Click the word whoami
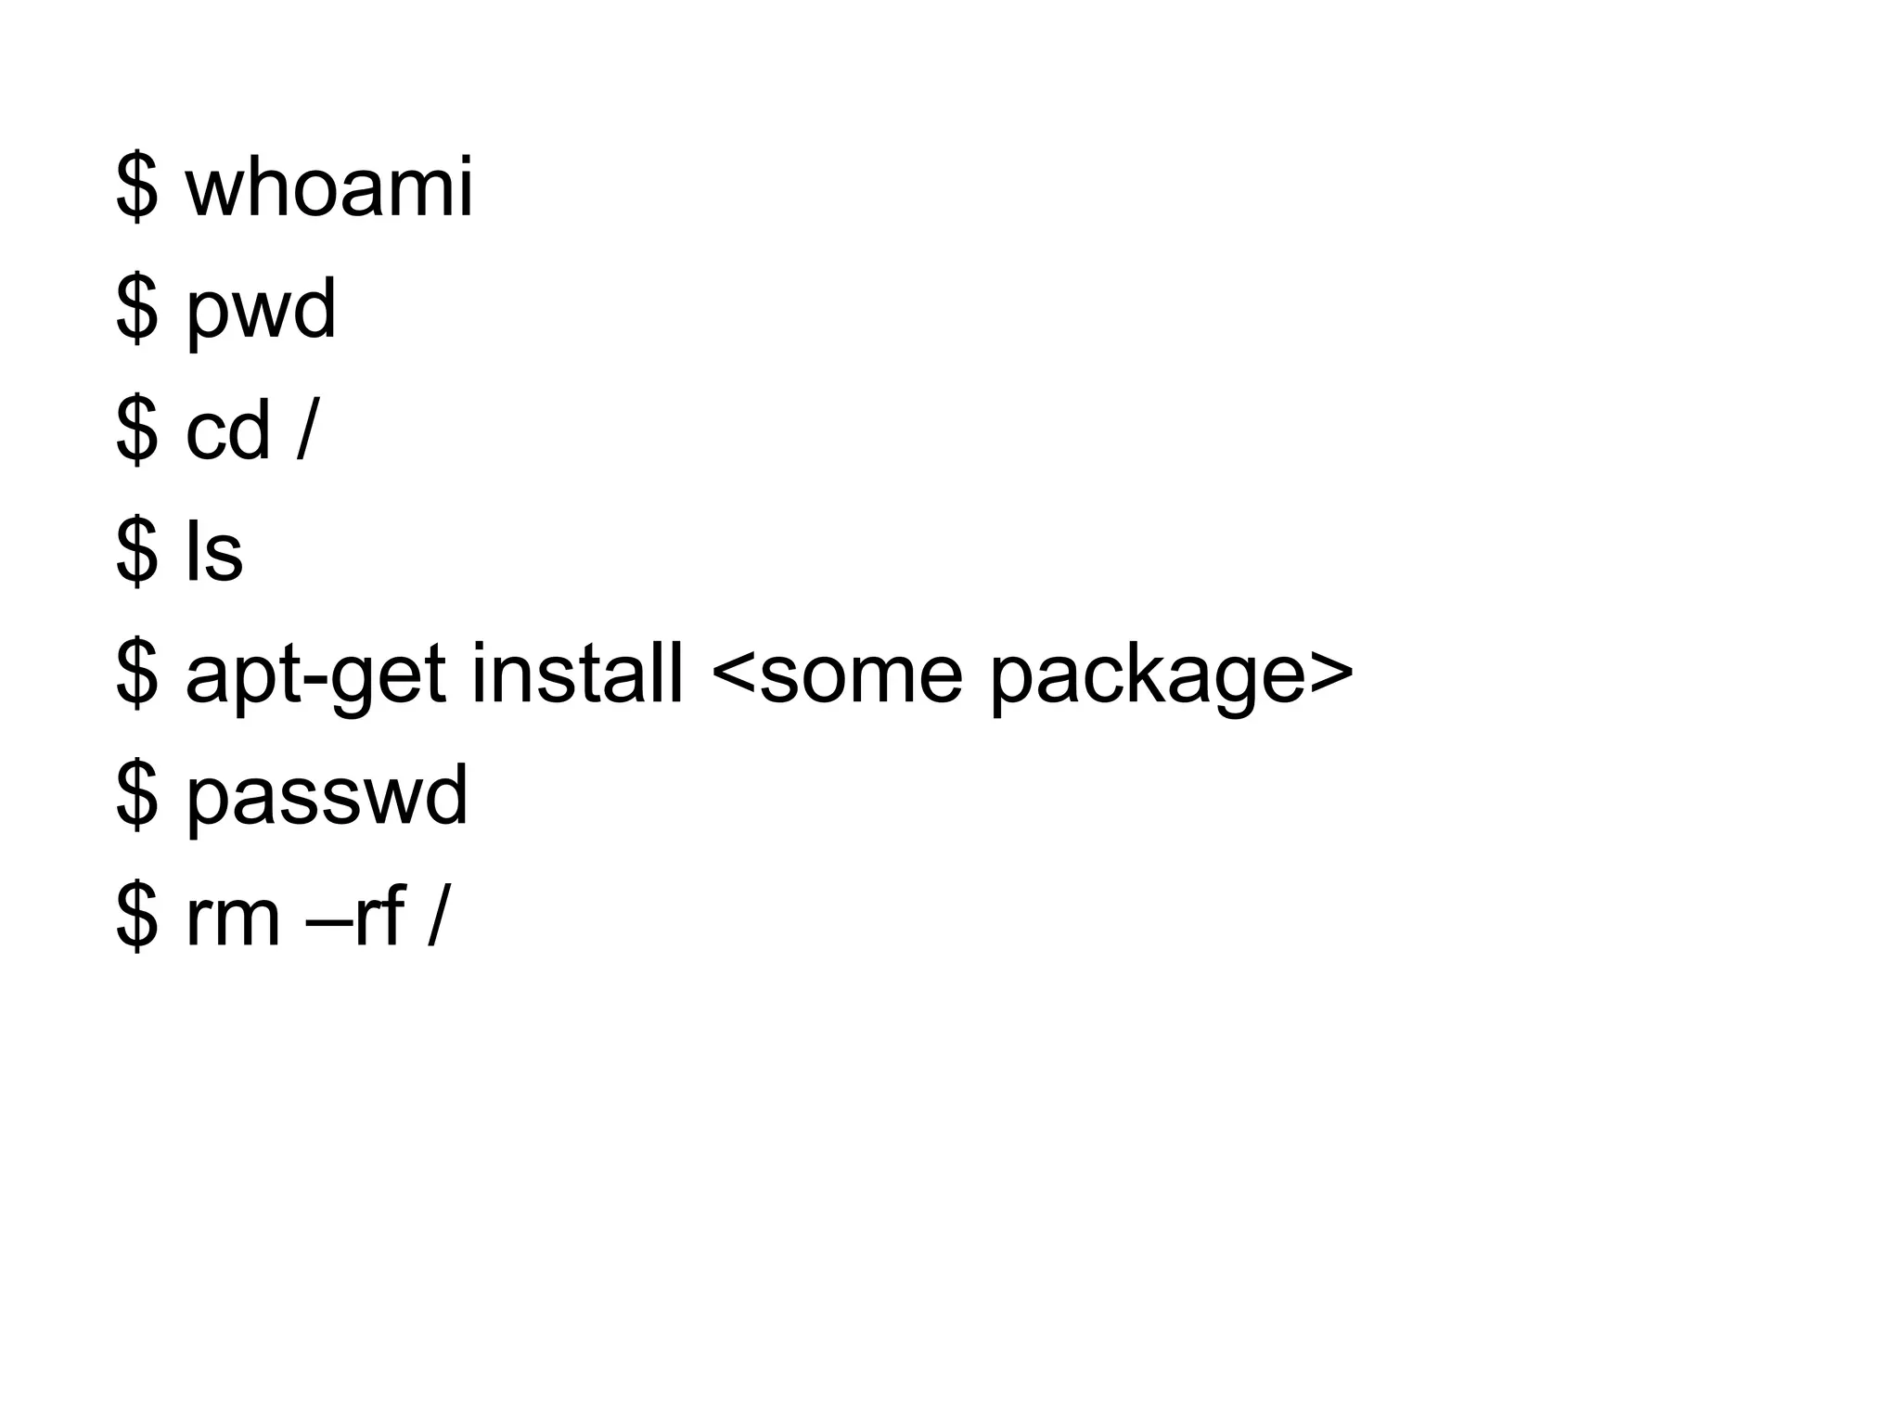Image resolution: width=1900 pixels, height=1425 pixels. tap(329, 188)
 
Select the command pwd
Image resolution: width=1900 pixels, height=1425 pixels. tap(261, 313)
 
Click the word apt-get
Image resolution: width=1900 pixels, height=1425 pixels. tap(315, 677)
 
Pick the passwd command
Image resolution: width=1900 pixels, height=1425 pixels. tap(327, 798)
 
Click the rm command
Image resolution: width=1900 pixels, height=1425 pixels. tap(233, 918)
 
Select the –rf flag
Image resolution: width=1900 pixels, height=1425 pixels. tap(356, 918)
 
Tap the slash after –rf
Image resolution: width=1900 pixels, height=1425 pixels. tap(437, 918)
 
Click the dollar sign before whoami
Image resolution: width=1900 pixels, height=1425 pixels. tap(136, 188)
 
